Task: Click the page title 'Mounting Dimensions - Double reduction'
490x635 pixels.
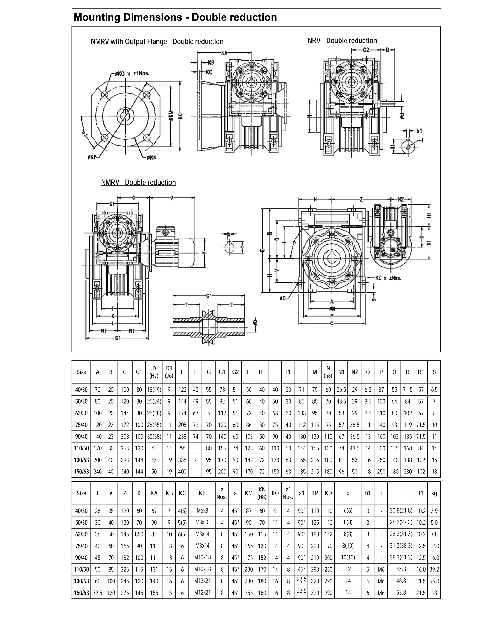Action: (x=175, y=17)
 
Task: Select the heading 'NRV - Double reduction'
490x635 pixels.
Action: (x=342, y=41)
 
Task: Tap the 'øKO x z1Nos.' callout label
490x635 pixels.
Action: (x=132, y=74)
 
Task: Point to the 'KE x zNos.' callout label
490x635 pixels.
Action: (x=388, y=278)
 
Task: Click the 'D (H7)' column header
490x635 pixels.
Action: (x=154, y=372)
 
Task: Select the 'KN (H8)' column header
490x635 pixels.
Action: (x=262, y=493)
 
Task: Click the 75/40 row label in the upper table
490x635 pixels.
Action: (x=81, y=425)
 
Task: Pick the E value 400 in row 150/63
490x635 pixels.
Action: (x=182, y=472)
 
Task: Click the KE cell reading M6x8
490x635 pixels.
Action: (x=202, y=511)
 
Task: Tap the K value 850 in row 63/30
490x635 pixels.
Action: (x=139, y=534)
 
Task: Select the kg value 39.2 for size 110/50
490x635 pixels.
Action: (x=434, y=569)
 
